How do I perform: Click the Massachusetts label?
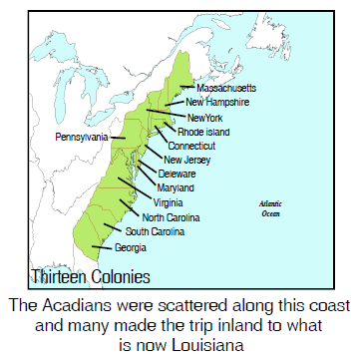[x=225, y=88]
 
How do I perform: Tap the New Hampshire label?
[x=222, y=102]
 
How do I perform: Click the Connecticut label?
[x=198, y=146]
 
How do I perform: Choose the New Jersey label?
[x=186, y=160]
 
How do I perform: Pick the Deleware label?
[x=177, y=174]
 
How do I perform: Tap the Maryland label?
[x=176, y=187]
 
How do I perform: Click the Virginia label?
[x=169, y=202]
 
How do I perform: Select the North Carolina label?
[x=171, y=216]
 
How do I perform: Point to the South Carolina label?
[x=156, y=231]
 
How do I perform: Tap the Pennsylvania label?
[x=83, y=136]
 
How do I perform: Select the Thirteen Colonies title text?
[x=91, y=275]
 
